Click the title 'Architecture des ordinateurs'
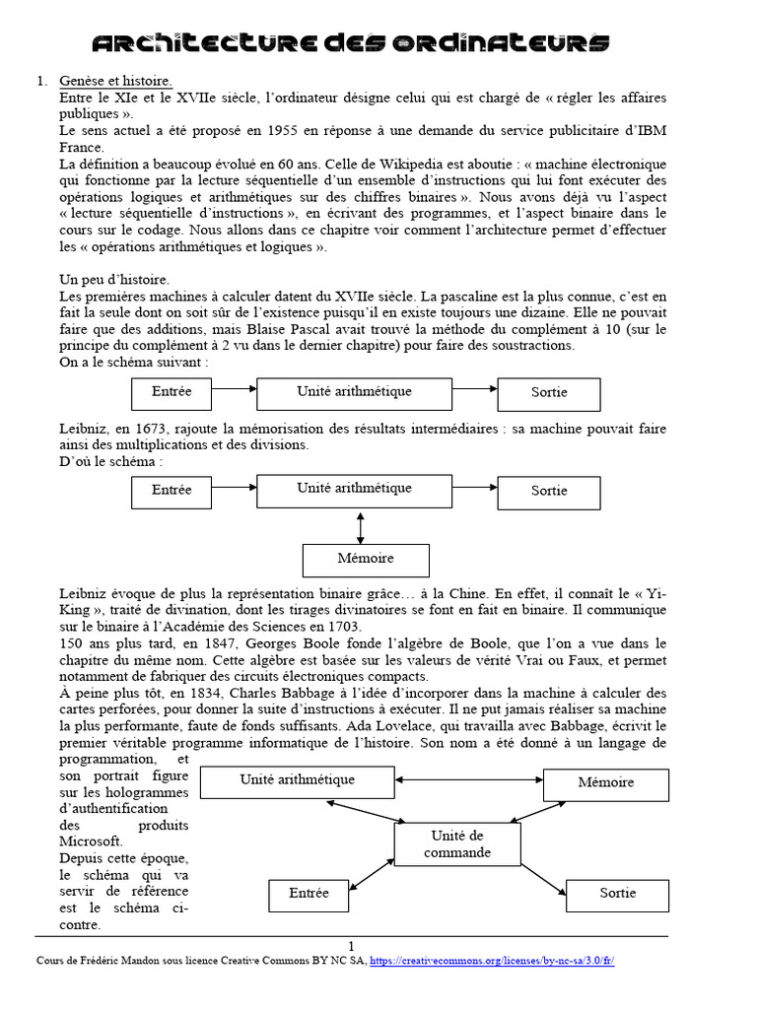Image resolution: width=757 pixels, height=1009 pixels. coord(350,42)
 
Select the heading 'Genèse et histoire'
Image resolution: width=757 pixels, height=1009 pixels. coord(115,81)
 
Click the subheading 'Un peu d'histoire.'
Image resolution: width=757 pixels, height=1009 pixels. coord(113,280)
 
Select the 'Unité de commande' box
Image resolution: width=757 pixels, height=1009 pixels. coord(457,844)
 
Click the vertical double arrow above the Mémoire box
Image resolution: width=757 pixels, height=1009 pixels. coord(361,527)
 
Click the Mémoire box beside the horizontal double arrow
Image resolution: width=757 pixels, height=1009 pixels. coord(606,782)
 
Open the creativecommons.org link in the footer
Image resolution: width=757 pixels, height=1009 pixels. coord(492,961)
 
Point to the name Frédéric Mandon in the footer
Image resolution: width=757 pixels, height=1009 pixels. coord(118,961)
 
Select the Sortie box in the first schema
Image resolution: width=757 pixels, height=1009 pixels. coord(549,392)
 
